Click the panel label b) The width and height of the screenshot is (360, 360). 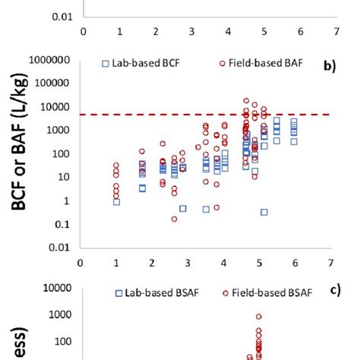[x=329, y=66]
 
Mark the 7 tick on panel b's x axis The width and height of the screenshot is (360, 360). [x=330, y=264]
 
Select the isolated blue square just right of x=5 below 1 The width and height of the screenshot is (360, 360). [x=264, y=212]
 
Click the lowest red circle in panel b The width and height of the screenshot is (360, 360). [x=175, y=219]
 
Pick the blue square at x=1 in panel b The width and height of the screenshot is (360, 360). [x=116, y=201]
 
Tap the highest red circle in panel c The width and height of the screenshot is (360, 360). [x=258, y=317]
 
